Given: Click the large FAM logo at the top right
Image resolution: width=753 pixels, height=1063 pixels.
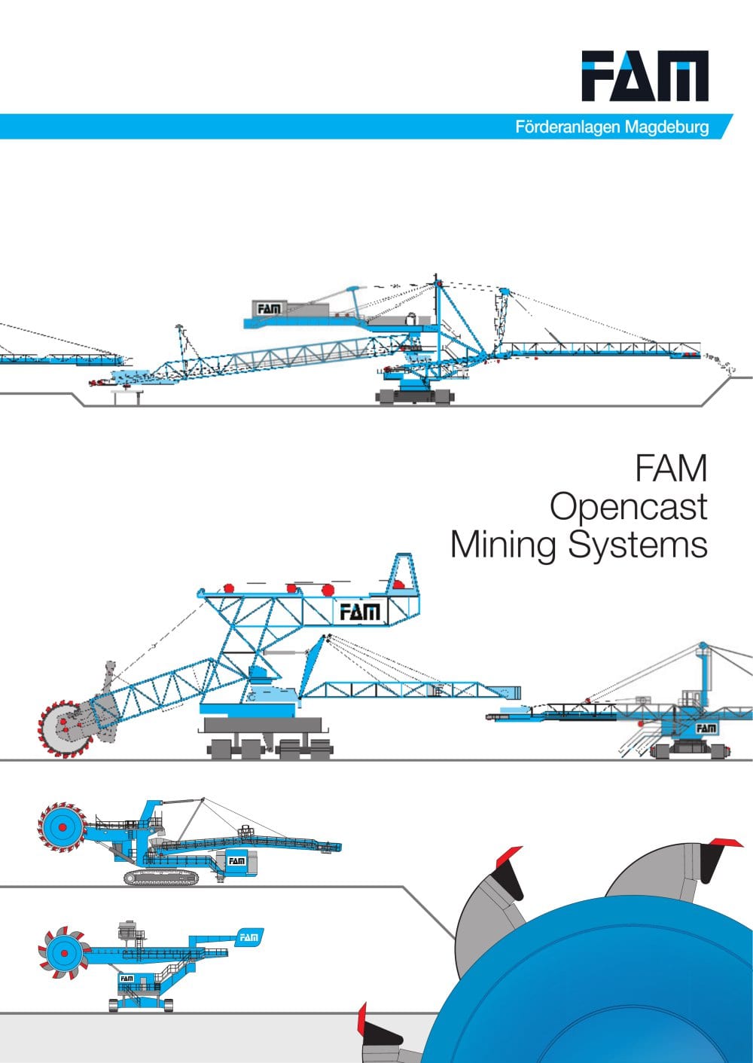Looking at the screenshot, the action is click(x=645, y=76).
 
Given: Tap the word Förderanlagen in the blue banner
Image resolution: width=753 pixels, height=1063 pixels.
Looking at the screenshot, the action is click(x=568, y=127).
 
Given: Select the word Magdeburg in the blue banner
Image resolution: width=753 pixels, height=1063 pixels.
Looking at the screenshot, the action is click(x=667, y=127).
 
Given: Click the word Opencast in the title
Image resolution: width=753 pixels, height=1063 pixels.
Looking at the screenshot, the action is click(x=629, y=507).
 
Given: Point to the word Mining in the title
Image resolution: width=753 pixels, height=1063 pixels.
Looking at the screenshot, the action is click(x=503, y=545).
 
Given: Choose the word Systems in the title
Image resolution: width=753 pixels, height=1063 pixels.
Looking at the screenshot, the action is click(x=638, y=545).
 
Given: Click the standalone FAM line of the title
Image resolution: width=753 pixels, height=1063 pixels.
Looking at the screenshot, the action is click(x=671, y=468).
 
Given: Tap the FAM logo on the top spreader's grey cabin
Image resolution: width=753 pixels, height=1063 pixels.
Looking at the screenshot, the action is click(x=269, y=310).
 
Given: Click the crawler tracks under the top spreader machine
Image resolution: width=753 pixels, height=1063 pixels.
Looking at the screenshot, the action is click(x=415, y=396).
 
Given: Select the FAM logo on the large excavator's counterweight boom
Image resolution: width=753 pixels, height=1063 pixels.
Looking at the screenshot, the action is click(x=360, y=612).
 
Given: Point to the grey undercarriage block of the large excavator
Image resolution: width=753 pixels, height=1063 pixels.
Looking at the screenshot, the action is click(x=263, y=725).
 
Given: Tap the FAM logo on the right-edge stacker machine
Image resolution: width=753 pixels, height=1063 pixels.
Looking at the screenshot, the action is click(x=706, y=728).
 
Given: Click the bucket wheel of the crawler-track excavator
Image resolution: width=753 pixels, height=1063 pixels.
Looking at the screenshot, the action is click(x=62, y=827).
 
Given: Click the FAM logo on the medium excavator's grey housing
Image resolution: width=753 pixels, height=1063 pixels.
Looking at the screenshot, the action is click(x=236, y=861).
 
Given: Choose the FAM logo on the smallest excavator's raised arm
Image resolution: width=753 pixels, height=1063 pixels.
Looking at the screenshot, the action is click(x=248, y=937).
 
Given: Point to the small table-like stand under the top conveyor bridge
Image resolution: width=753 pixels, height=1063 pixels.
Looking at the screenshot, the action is click(x=127, y=397).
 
